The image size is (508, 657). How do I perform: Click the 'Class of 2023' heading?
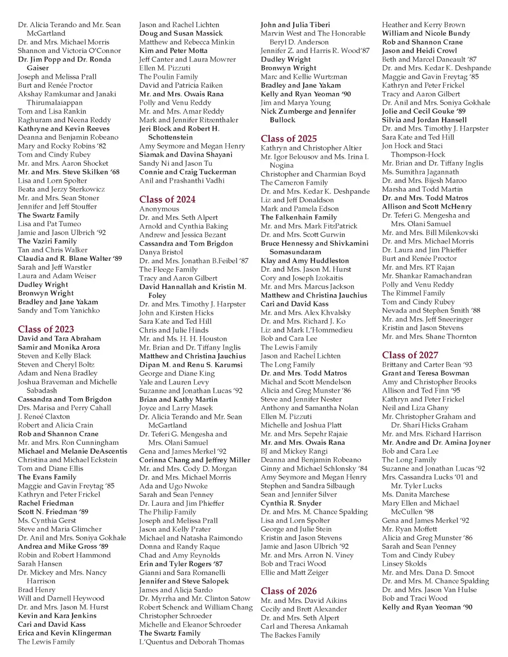click(46, 329)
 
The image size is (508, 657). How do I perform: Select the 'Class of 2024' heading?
click(167, 199)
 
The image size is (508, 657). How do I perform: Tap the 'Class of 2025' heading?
click(289, 139)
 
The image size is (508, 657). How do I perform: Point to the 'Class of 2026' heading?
click(289, 591)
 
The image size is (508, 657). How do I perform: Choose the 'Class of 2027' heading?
click(410, 355)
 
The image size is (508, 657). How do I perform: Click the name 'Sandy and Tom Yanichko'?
click(59, 310)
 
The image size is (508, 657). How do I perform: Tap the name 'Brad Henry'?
click(36, 590)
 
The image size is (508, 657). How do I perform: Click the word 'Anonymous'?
click(159, 209)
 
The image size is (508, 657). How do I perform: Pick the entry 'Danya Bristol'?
click(161, 252)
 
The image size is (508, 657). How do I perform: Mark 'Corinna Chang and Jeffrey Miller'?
click(194, 460)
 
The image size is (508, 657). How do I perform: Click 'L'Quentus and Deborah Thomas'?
click(191, 642)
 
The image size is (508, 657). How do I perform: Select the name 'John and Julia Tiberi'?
click(295, 25)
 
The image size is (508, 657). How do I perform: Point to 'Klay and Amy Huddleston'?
click(305, 260)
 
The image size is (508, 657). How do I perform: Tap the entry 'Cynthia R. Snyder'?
click(291, 503)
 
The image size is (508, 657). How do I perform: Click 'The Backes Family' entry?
click(290, 635)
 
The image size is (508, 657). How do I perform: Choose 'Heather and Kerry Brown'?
click(424, 25)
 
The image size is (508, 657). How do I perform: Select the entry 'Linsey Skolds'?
click(404, 564)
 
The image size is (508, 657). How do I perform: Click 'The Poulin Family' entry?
click(168, 76)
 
